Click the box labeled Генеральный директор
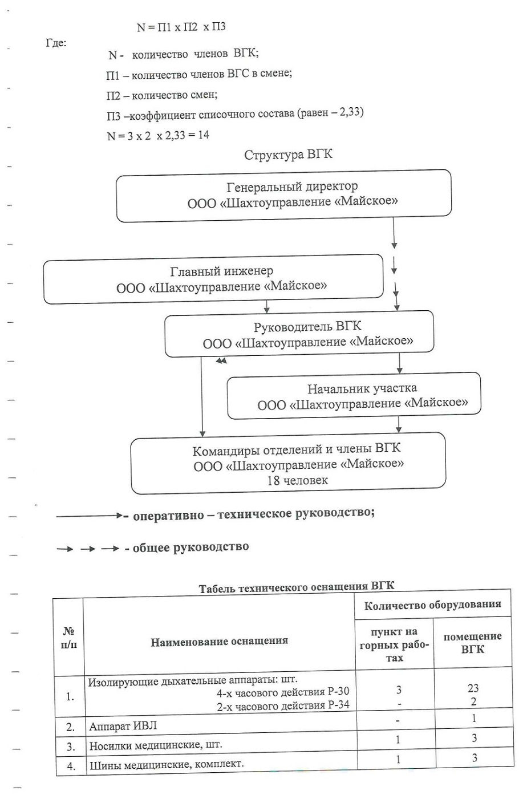[284, 196]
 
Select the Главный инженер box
[213, 279]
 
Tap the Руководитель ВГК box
[299, 334]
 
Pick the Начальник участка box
[354, 396]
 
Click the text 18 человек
[298, 480]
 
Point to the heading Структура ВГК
[288, 155]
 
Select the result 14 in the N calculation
[204, 135]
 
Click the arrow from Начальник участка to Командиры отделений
[398, 425]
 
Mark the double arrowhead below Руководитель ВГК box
[221, 360]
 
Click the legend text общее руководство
[191, 548]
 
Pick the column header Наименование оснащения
[220, 641]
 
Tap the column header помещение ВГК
[473, 643]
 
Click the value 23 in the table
[473, 688]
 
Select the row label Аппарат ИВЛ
[123, 725]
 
